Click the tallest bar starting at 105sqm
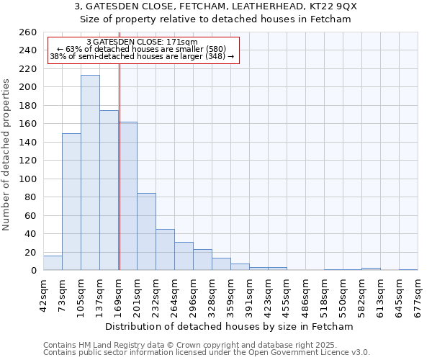point(90,173)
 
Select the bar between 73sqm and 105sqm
point(71,202)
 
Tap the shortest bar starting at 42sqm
point(53,264)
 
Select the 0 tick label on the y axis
point(33,271)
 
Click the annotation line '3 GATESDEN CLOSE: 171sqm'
point(141,42)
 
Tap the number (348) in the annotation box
point(216,56)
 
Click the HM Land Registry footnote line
point(205,345)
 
